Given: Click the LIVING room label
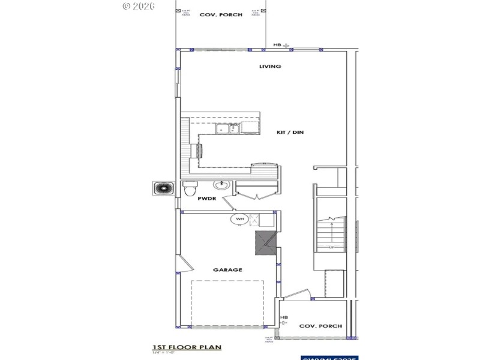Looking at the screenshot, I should pyautogui.click(x=270, y=67).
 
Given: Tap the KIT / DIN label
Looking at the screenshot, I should pyautogui.click(x=290, y=132).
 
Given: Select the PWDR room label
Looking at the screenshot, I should pyautogui.click(x=207, y=198).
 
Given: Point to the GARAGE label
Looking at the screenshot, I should pyautogui.click(x=227, y=269).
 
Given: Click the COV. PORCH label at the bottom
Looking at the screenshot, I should pyautogui.click(x=320, y=326).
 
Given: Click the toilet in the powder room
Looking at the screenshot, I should pyautogui.click(x=189, y=189).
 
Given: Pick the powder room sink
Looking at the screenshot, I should pyautogui.click(x=221, y=185).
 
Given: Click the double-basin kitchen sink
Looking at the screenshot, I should pyautogui.click(x=228, y=128).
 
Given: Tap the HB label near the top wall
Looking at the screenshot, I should pyautogui.click(x=277, y=45).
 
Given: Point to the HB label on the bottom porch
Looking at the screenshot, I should pyautogui.click(x=284, y=317).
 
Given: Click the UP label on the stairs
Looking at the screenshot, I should pyautogui.click(x=331, y=246).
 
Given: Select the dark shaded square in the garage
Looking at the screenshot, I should pyautogui.click(x=265, y=243).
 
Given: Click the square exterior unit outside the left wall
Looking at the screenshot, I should pyautogui.click(x=162, y=188).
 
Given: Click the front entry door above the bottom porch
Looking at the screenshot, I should pyautogui.click(x=297, y=295).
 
